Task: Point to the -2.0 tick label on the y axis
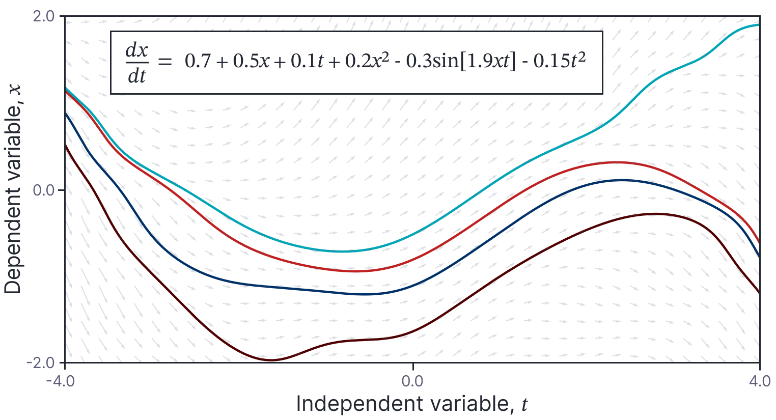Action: [43, 363]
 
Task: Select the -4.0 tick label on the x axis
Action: [65, 381]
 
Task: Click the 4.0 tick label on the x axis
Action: [760, 381]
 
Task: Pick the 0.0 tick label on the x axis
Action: [412, 381]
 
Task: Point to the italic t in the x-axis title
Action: [524, 405]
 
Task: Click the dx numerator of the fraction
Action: [137, 51]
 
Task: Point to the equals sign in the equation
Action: [165, 62]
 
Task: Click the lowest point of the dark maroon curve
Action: [271, 360]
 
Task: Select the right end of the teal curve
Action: [759, 24]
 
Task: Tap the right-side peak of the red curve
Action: [616, 162]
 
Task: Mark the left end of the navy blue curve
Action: [65, 113]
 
